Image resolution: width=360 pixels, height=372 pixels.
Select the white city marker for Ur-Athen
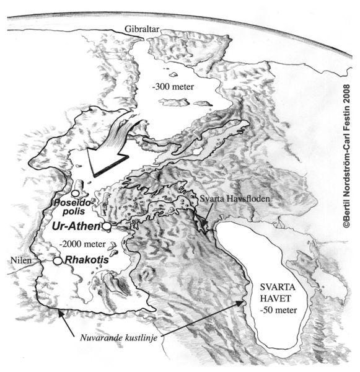click(x=107, y=227)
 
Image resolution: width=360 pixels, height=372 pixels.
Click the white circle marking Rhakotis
click(x=57, y=261)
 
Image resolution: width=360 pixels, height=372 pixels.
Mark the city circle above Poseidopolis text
click(x=76, y=193)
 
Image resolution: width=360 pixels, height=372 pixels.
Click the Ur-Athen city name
click(x=79, y=227)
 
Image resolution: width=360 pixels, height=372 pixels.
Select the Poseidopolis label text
click(x=75, y=208)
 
